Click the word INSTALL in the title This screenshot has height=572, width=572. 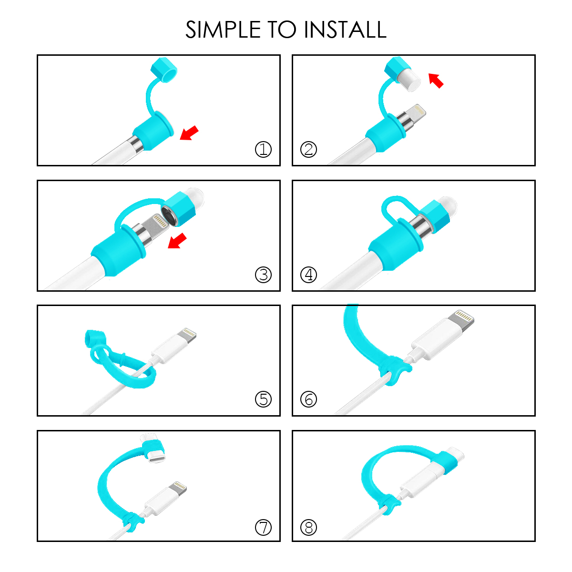345,30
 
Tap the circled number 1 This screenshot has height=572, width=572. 263,149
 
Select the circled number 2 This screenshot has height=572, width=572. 309,149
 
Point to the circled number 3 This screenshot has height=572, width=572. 263,275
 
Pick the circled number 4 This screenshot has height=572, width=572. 309,275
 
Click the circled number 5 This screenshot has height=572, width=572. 263,399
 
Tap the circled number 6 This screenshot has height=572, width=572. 309,399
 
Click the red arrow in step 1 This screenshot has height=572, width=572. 189,133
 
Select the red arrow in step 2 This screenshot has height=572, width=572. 436,81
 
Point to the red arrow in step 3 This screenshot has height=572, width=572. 177,240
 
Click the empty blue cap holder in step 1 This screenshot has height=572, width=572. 164,70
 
